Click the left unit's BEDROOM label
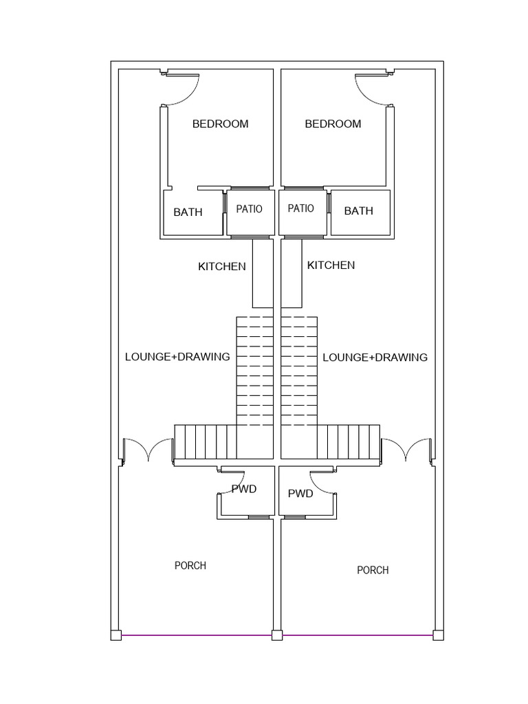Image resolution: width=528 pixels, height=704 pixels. tap(220, 124)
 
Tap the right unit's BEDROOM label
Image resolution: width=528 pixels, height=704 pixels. tap(333, 124)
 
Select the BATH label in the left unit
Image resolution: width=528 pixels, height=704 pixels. tap(188, 212)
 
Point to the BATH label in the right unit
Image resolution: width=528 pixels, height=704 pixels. tap(358, 211)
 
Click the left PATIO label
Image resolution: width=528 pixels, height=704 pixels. tap(249, 209)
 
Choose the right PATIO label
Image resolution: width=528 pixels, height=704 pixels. tap(300, 208)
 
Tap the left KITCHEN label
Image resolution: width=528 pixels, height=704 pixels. tap(221, 266)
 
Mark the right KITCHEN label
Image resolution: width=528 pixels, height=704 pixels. tap(331, 265)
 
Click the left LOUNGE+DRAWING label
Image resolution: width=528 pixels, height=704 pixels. tap(177, 357)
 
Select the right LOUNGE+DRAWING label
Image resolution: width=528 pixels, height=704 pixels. tap(375, 357)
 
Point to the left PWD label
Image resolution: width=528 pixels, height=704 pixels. tap(244, 489)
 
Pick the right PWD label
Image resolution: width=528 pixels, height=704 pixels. tap(300, 494)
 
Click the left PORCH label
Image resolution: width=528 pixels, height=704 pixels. tap(190, 566)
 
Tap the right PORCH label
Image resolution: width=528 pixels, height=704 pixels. tap(373, 570)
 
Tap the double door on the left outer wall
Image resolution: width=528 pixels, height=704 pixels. tap(147, 450)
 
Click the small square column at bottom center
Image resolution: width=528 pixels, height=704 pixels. tap(277, 635)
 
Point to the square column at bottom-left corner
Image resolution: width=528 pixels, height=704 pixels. tap(116, 635)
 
